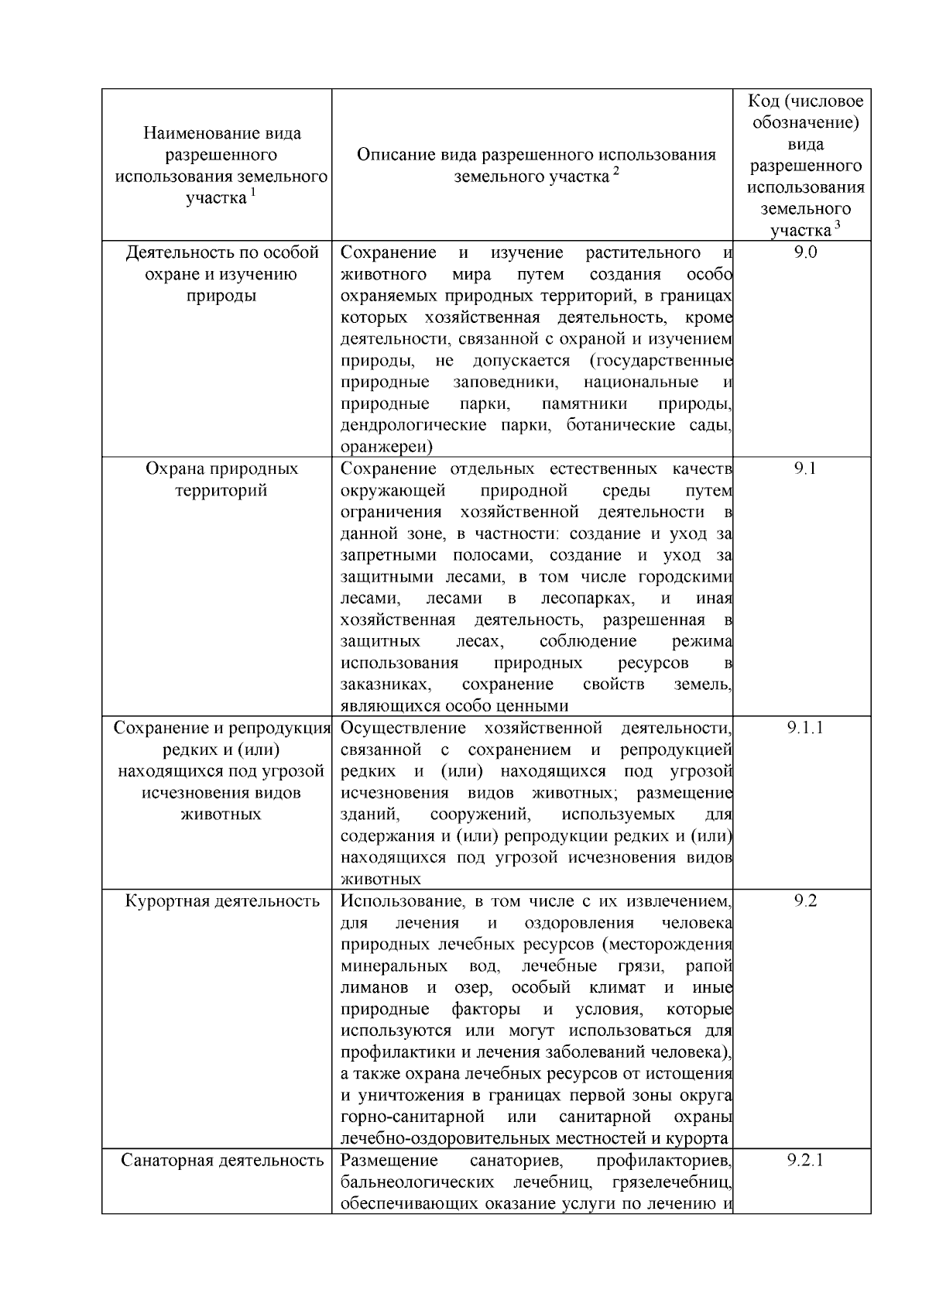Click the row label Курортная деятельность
coord(222,901)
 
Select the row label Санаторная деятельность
coord(222,1161)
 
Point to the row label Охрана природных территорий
coord(222,479)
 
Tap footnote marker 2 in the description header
coord(615,172)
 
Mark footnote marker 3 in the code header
coord(837,225)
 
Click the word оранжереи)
coord(386,447)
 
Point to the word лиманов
coord(374,988)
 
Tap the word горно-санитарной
coord(412,1117)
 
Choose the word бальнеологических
coord(417,1182)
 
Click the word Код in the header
coord(763,101)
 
